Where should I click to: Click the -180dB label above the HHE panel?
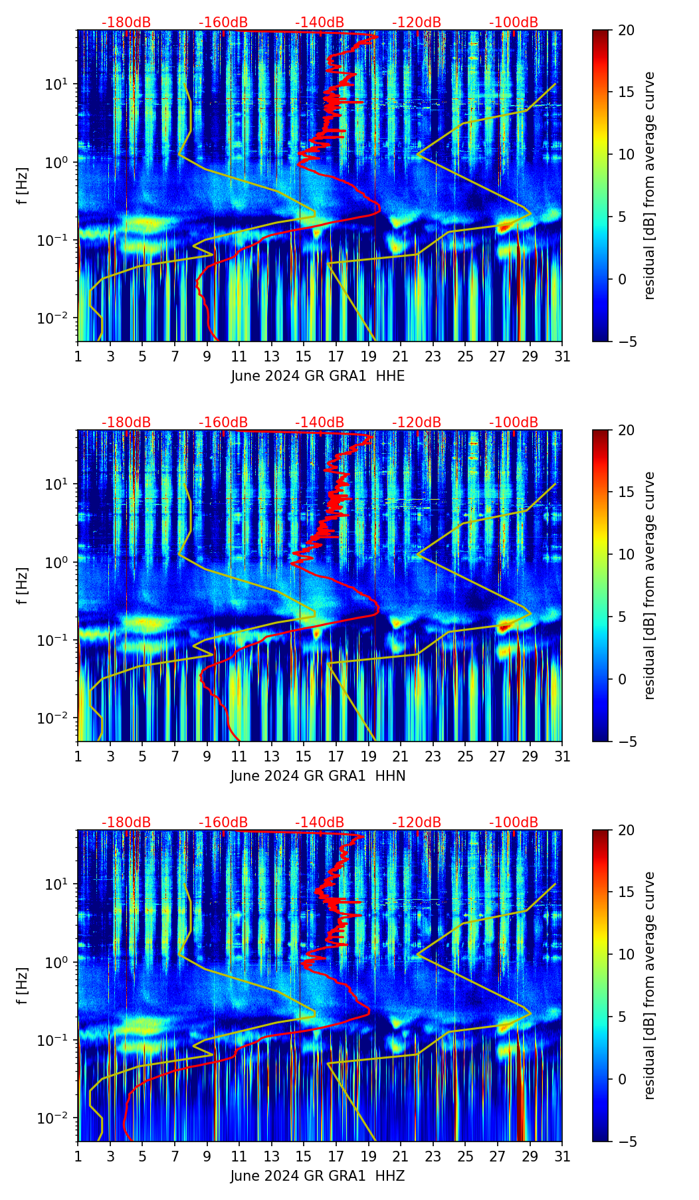pyautogui.click(x=126, y=23)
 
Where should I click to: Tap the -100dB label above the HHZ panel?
pyautogui.click(x=514, y=823)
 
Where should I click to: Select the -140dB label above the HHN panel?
pyautogui.click(x=320, y=423)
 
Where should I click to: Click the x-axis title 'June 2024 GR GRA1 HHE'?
pyautogui.click(x=318, y=376)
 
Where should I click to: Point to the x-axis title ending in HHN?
pyautogui.click(x=318, y=776)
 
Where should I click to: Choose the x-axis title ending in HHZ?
pyautogui.click(x=318, y=1176)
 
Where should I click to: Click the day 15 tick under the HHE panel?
pyautogui.click(x=304, y=356)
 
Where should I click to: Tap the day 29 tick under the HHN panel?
pyautogui.click(x=530, y=756)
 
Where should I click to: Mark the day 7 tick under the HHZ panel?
pyautogui.click(x=175, y=1156)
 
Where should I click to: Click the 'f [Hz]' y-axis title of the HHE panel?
pyautogui.click(x=22, y=186)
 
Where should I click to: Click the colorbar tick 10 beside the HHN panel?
pyautogui.click(x=626, y=554)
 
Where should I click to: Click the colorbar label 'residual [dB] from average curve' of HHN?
pyautogui.click(x=649, y=585)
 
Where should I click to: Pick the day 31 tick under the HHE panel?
pyautogui.click(x=562, y=356)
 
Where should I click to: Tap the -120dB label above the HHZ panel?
pyautogui.click(x=417, y=823)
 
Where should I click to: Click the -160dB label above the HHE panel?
pyautogui.click(x=223, y=23)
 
